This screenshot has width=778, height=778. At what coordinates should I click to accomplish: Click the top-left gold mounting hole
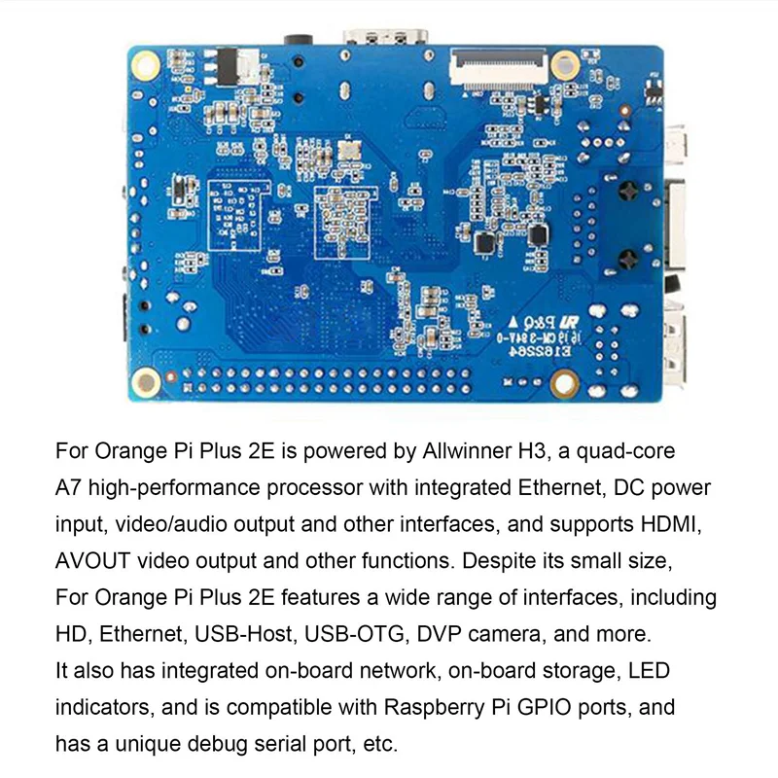click(146, 65)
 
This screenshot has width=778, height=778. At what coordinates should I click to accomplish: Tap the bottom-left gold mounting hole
click(146, 380)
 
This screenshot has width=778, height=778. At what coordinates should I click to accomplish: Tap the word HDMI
click(670, 525)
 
